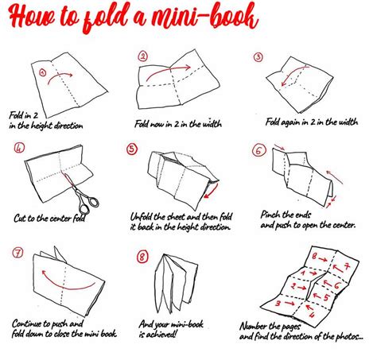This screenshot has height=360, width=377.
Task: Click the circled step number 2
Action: coord(143,56)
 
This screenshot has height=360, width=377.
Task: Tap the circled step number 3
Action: coord(258,56)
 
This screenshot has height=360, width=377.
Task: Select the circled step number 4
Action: coord(19,148)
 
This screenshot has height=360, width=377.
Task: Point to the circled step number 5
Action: coord(132,149)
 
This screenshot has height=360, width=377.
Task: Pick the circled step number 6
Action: coord(258,150)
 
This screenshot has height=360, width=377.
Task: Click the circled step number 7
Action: coord(17,253)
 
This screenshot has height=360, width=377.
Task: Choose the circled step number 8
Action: coord(142,257)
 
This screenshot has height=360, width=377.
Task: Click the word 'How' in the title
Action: coord(32,16)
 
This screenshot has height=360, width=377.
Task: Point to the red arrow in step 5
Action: coord(212,192)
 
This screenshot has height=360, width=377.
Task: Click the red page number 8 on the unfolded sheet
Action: coord(314,256)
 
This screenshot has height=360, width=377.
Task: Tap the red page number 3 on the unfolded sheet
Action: coord(278,303)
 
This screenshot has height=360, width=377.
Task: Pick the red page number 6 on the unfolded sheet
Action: coord(336,285)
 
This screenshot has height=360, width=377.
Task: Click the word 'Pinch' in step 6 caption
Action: coord(271,215)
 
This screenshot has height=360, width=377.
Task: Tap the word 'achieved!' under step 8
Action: coord(161,335)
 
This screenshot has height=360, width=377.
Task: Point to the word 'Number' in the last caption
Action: coord(254,327)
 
